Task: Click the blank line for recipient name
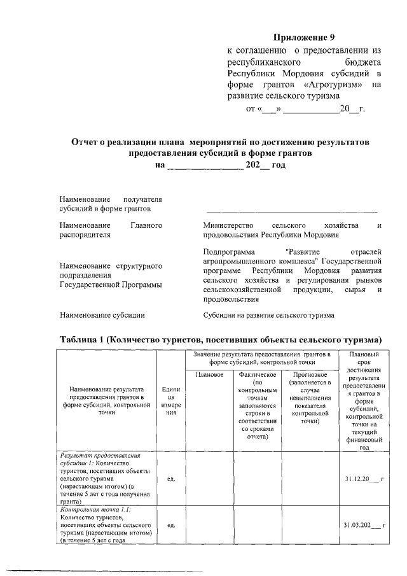[291, 209]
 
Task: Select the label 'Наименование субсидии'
[102, 314]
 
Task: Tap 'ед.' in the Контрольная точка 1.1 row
[170, 525]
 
